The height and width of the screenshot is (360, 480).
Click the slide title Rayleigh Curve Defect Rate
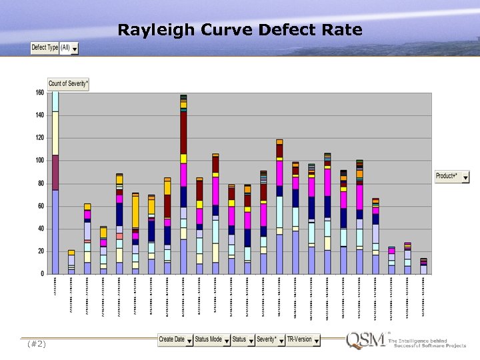click(240, 30)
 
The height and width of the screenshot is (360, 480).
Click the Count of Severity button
click(69, 84)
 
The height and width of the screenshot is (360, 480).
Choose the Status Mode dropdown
click(211, 340)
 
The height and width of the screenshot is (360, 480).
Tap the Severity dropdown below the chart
click(269, 340)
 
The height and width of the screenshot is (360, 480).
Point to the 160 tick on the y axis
click(39, 93)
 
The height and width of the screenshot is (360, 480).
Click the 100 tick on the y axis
click(39, 161)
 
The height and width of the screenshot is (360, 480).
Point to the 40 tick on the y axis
click(41, 229)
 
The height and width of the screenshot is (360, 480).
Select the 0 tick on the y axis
click(43, 274)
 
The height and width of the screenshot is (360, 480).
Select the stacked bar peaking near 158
click(183, 187)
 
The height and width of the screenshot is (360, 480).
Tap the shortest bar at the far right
click(423, 267)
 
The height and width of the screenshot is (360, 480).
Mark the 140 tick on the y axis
click(39, 115)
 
